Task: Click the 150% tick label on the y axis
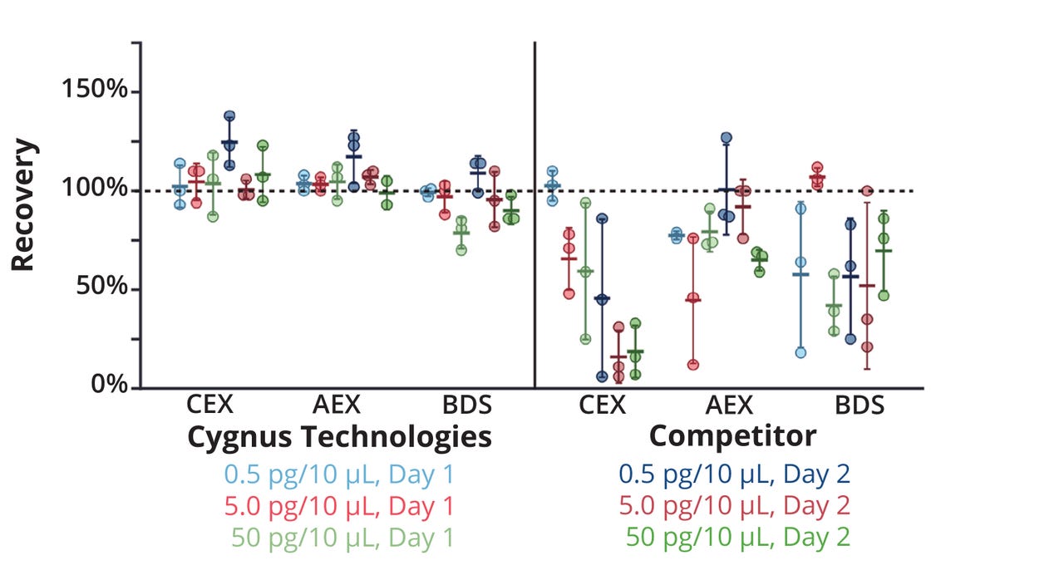click(94, 91)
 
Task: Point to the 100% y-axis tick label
click(94, 189)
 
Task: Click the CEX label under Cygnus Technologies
click(210, 405)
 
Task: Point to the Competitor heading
click(732, 435)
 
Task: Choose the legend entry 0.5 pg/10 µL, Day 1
click(339, 474)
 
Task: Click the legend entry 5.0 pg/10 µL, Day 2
click(733, 506)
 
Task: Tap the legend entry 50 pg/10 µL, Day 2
click(737, 538)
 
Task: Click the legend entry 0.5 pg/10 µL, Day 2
click(733, 474)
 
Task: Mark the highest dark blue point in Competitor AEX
click(726, 137)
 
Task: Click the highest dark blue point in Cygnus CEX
click(229, 116)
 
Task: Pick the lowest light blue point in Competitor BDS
click(800, 352)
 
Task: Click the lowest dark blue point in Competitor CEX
click(602, 376)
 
